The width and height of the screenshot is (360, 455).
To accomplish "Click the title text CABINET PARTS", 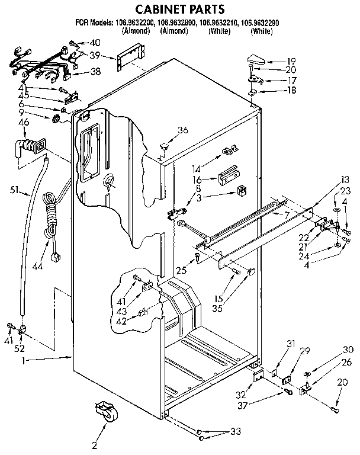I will [180, 9].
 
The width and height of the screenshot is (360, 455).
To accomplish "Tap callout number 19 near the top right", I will [291, 60].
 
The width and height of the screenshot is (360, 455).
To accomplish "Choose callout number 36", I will [183, 130].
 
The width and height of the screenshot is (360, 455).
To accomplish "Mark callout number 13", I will [345, 180].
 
